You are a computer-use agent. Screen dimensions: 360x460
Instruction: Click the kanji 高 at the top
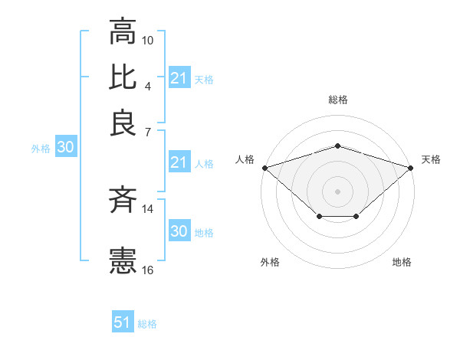(x=123, y=32)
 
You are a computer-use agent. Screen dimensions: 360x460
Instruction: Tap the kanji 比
(x=123, y=77)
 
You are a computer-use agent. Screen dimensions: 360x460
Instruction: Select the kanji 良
(x=123, y=123)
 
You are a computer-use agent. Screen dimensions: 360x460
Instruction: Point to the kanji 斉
(x=123, y=200)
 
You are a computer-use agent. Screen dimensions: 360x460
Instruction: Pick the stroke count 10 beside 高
(x=148, y=40)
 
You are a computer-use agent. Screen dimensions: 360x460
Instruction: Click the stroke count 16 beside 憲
(x=148, y=269)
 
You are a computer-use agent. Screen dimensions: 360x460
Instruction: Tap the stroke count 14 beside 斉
(x=148, y=208)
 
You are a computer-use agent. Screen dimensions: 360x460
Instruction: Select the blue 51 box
(x=123, y=322)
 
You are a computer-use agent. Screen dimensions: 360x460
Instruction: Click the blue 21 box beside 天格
(x=179, y=78)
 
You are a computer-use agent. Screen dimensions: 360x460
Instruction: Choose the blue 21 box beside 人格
(x=179, y=162)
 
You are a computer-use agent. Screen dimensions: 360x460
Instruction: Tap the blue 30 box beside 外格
(x=64, y=148)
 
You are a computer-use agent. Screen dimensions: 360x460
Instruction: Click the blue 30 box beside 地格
(x=179, y=231)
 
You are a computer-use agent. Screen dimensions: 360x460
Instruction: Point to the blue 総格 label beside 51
(x=147, y=324)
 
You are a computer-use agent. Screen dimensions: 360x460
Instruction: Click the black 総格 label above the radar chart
(x=338, y=100)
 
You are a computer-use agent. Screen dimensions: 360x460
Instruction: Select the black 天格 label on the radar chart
(x=432, y=159)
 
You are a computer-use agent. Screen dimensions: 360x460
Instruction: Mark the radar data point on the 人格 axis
(x=264, y=167)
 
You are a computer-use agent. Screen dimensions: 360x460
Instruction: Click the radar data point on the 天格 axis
(x=411, y=167)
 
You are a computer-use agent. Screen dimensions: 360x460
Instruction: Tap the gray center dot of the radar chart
(x=338, y=191)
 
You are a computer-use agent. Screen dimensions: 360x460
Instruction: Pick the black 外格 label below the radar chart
(x=270, y=262)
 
